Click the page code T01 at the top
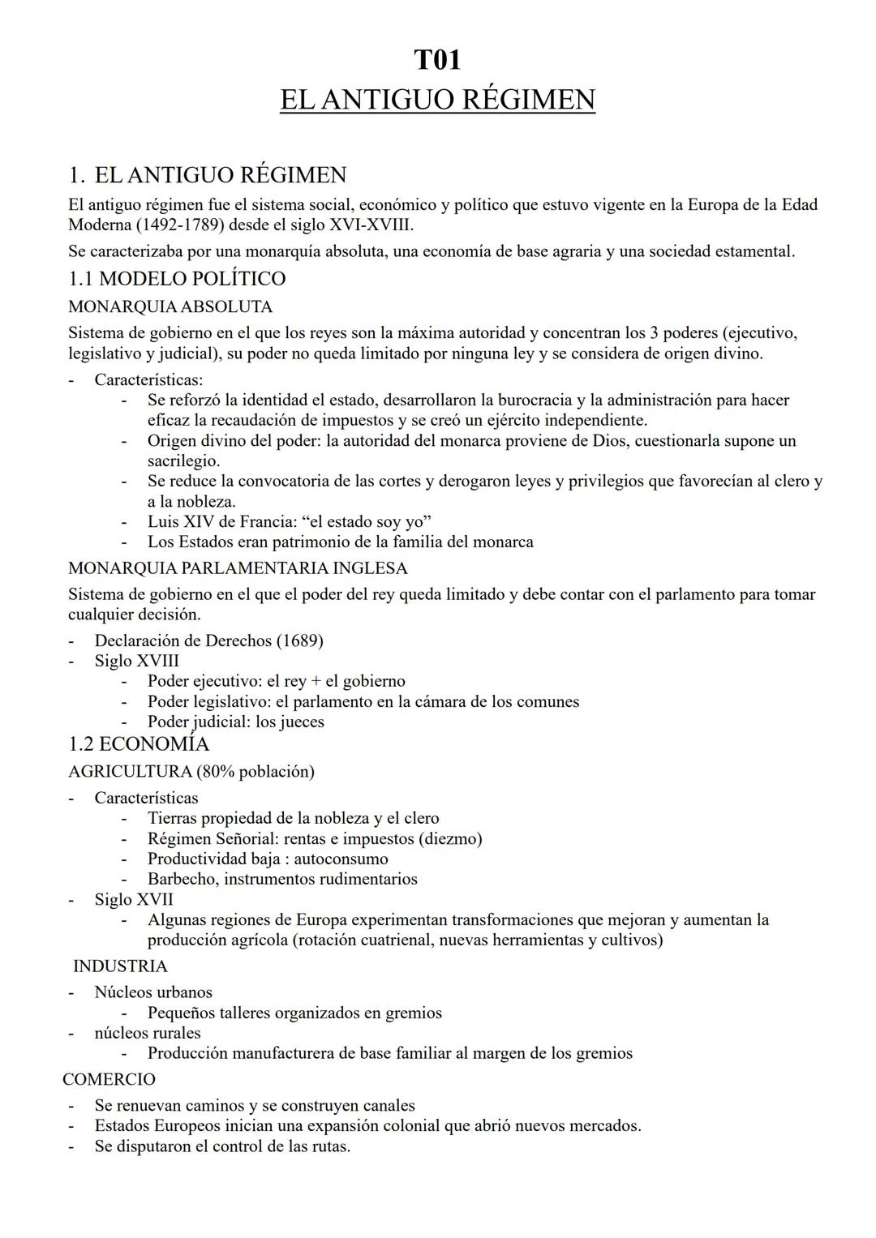pos(437,61)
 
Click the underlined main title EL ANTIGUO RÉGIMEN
pos(437,101)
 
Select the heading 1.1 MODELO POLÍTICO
pos(177,279)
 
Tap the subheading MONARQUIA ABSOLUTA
pos(170,307)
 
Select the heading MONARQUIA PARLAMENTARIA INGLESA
pos(238,568)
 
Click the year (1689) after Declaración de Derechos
pos(299,640)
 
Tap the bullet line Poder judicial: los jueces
pos(235,722)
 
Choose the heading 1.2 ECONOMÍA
pos(139,744)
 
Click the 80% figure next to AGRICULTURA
pos(213,772)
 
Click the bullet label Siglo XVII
pos(134,899)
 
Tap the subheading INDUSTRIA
pos(120,966)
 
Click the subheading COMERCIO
pos(109,1080)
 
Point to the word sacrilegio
pos(183,461)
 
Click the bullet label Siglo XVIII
pos(136,661)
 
